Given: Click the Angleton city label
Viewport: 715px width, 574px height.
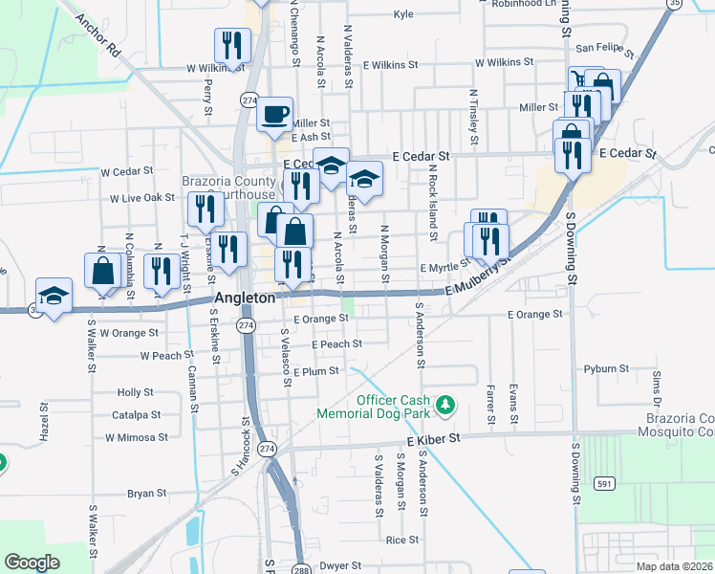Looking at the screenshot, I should pyautogui.click(x=245, y=298).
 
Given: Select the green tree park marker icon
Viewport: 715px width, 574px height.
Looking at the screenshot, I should pyautogui.click(x=444, y=406).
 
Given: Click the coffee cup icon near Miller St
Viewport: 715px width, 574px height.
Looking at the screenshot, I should pyautogui.click(x=274, y=114).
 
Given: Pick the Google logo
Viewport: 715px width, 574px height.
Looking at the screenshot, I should pyautogui.click(x=32, y=563).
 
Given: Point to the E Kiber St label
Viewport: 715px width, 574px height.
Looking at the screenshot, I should pyautogui.click(x=433, y=437).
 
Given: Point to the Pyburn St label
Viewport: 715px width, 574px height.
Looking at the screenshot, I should pyautogui.click(x=606, y=368).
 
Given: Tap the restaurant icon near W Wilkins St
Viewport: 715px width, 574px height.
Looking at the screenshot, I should pyautogui.click(x=232, y=44).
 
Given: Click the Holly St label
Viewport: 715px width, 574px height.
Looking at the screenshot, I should pyautogui.click(x=135, y=392).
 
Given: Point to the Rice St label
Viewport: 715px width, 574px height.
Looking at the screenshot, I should pyautogui.click(x=398, y=541).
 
